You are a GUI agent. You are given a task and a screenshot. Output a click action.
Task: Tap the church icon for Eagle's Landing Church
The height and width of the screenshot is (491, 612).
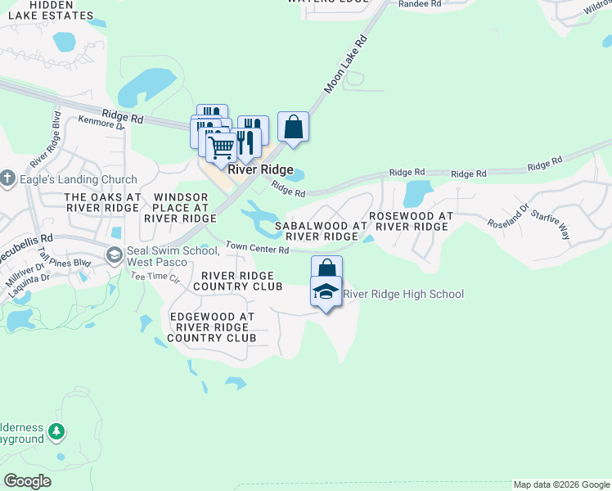click(x=8, y=178)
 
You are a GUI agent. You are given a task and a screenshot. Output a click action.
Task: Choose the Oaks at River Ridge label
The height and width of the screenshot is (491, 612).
click(x=102, y=203)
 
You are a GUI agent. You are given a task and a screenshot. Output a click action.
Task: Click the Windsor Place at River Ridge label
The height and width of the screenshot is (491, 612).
click(x=179, y=208)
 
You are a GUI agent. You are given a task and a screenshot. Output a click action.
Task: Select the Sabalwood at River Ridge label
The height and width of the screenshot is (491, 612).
click(x=321, y=230)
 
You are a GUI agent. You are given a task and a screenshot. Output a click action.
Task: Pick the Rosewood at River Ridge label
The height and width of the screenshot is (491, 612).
click(x=411, y=221)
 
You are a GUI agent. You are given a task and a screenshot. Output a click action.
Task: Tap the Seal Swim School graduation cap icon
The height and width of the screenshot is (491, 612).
click(x=115, y=256)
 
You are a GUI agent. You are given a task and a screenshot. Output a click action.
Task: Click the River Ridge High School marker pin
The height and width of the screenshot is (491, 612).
click(x=326, y=291)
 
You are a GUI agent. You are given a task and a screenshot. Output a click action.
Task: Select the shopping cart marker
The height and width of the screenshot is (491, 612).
click(x=221, y=148)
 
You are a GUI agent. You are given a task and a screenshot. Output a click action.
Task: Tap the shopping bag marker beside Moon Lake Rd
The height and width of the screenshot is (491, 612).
click(x=294, y=127)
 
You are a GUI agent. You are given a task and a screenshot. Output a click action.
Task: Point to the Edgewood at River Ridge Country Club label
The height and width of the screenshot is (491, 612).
click(x=211, y=327)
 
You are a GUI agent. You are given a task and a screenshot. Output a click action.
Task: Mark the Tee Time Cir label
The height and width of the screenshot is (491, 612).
click(x=155, y=277)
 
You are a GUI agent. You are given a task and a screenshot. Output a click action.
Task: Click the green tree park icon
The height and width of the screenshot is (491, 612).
click(x=56, y=430)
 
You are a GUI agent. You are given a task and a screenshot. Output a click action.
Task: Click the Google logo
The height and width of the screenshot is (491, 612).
click(x=28, y=481)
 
